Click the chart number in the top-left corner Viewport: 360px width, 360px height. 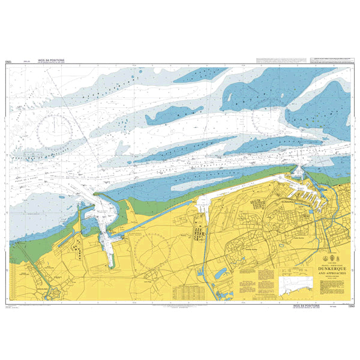(x=8, y=61)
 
